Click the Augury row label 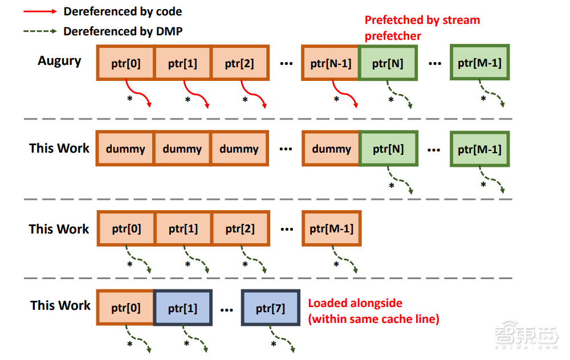[59, 61]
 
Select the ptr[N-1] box [331, 63]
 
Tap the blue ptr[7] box [271, 309]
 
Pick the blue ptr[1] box [182, 309]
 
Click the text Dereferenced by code [123, 11]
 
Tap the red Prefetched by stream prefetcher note [422, 28]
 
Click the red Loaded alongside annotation [373, 311]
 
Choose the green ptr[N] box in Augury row [388, 63]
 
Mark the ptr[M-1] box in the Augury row [479, 63]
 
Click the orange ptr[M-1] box [331, 229]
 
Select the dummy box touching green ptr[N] [331, 149]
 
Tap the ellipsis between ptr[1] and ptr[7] [226, 309]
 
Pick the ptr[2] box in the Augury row [239, 63]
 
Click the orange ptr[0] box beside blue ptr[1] [126, 309]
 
